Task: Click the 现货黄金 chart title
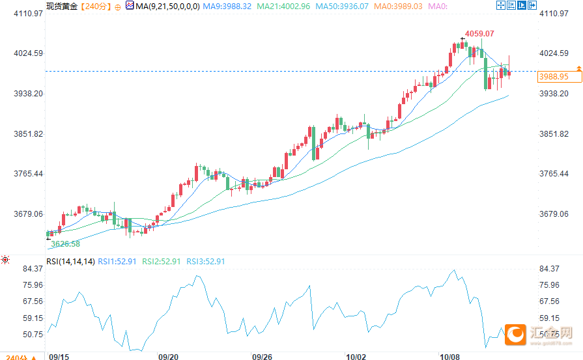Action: pyautogui.click(x=62, y=6)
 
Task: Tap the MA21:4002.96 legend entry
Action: pyautogui.click(x=283, y=6)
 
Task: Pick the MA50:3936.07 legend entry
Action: pyautogui.click(x=343, y=6)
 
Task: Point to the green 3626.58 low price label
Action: pyautogui.click(x=65, y=244)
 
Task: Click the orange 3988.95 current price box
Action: pyautogui.click(x=554, y=77)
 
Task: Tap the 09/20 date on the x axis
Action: pyautogui.click(x=168, y=356)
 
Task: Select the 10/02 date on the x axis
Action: pyautogui.click(x=356, y=356)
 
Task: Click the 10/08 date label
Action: pyautogui.click(x=450, y=356)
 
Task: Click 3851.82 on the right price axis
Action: pyautogui.click(x=554, y=134)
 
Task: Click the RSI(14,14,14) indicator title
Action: pyautogui.click(x=70, y=262)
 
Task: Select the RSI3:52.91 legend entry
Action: pyautogui.click(x=206, y=262)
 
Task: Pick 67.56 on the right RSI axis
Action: pyautogui.click(x=550, y=301)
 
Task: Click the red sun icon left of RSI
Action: pyautogui.click(x=5, y=260)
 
